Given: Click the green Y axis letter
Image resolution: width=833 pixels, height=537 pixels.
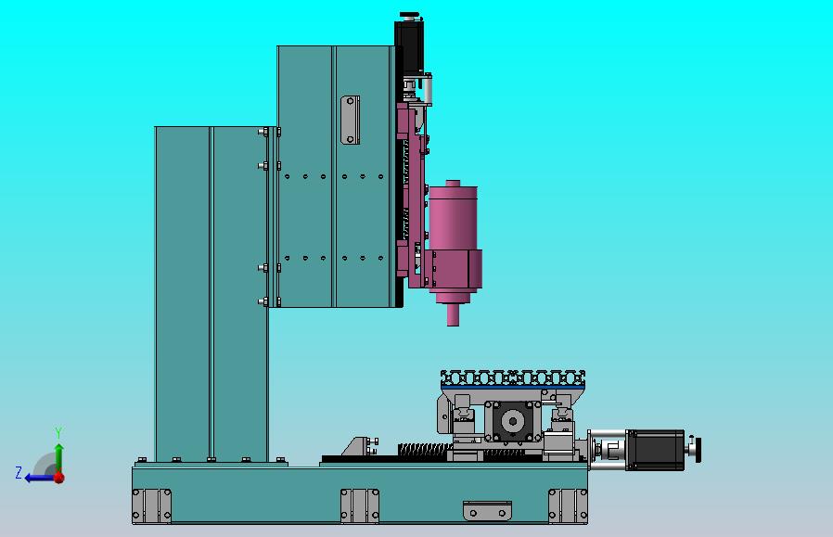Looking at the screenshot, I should [x=58, y=433].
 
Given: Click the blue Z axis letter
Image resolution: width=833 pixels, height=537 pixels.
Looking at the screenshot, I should [x=19, y=473].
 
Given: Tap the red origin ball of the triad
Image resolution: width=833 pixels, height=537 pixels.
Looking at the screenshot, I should [x=58, y=478].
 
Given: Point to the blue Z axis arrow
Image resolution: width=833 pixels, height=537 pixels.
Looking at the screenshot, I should [x=37, y=478].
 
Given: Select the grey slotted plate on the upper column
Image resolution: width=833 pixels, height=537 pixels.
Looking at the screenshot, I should [x=350, y=120].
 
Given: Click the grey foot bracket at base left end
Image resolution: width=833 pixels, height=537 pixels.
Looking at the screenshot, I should [x=151, y=505].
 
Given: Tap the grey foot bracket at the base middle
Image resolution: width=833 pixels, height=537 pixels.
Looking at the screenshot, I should [x=360, y=505].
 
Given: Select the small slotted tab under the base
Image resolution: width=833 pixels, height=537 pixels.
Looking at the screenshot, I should [x=487, y=509].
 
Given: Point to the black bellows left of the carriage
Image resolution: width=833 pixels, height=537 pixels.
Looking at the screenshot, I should [x=422, y=450].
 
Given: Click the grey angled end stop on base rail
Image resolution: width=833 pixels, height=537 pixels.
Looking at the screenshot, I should [x=357, y=447].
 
